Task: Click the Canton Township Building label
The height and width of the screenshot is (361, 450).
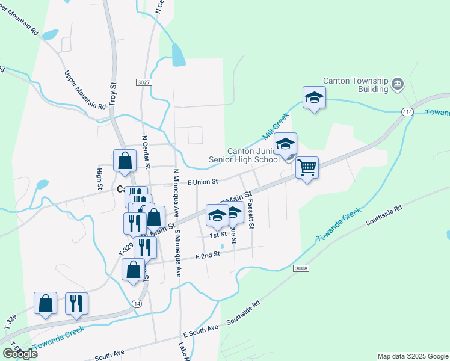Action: pos(356,84)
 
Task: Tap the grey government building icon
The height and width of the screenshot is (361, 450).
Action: pos(397,84)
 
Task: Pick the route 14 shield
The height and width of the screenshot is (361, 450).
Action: pos(138,304)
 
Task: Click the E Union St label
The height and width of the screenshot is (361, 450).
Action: pos(202,181)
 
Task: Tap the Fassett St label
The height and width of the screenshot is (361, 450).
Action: pos(251,214)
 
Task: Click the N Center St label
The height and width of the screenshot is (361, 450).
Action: pos(145,150)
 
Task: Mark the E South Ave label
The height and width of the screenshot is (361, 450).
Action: pos(201,330)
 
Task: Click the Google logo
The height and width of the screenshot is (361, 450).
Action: pos(20,353)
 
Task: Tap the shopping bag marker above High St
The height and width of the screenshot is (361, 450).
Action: pos(124,161)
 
